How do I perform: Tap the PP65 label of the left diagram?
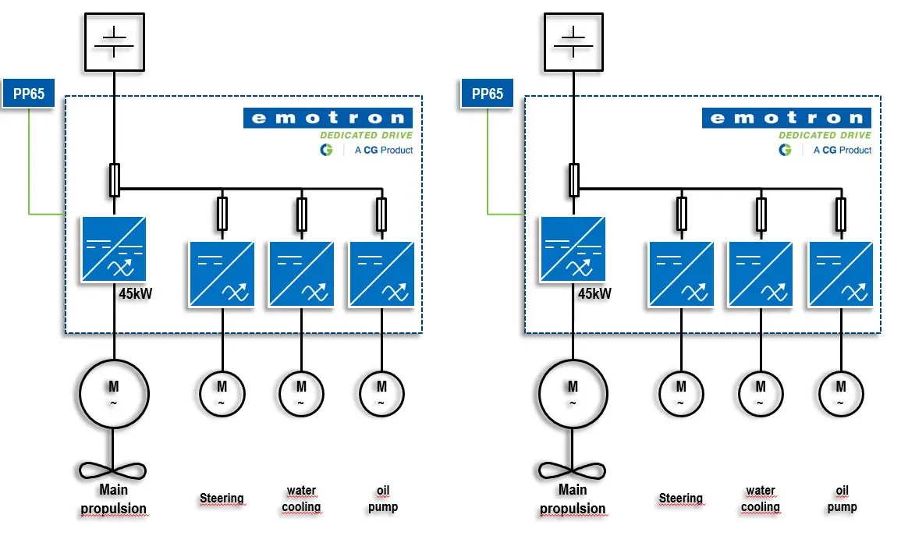point(29,94)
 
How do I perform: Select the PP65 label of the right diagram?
point(488,94)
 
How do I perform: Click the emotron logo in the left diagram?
point(328,118)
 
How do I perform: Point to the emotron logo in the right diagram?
point(786,118)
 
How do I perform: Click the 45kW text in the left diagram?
point(136,294)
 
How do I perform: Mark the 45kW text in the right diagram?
point(594,294)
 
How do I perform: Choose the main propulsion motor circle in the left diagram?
point(114,392)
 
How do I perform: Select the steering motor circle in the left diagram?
point(222,392)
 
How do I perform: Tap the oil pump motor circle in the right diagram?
point(841,392)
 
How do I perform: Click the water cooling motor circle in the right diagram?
point(761,392)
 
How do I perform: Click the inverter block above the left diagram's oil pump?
point(381,274)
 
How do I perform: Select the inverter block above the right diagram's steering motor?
point(681,274)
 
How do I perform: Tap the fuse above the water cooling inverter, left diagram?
point(302,214)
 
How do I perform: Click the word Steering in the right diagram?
point(680,499)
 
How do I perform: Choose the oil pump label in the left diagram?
point(382,499)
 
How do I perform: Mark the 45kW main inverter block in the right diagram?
point(573,249)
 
